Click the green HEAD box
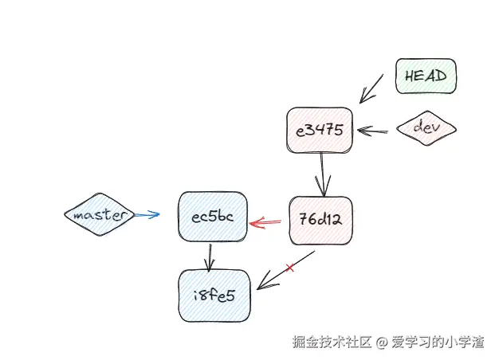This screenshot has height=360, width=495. [x=425, y=76]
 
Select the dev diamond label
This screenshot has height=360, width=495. [x=426, y=127]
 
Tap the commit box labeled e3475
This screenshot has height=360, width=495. [x=319, y=130]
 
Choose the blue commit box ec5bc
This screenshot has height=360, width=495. [x=213, y=216]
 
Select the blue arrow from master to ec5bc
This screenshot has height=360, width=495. [x=147, y=215]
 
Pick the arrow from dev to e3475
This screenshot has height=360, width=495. [x=373, y=130]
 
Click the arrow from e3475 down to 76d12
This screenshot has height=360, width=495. [x=322, y=174]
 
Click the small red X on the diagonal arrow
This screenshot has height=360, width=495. [x=289, y=268]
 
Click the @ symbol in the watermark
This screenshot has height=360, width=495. [x=381, y=342]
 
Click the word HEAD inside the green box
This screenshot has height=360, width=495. [x=425, y=76]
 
